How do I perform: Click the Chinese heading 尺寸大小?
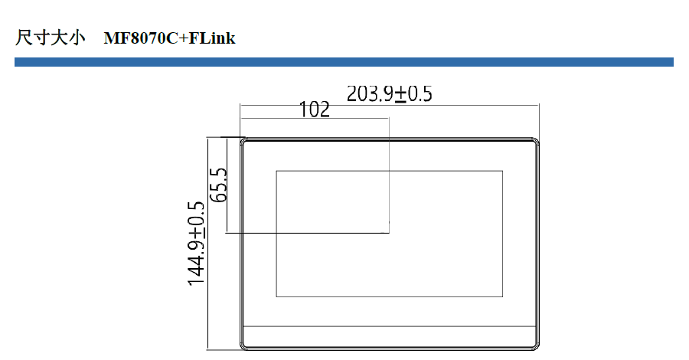point(50,38)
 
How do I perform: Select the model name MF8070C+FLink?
point(170,38)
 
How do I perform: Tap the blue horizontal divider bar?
point(344,62)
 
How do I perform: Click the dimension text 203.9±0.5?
point(390,93)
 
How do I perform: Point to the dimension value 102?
point(314,110)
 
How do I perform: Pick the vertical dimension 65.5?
point(219,185)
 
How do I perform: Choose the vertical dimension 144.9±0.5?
point(196,244)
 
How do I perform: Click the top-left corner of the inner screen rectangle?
point(276,171)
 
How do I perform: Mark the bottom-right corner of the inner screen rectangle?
point(502,296)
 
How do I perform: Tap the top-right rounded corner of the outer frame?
point(537,141)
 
